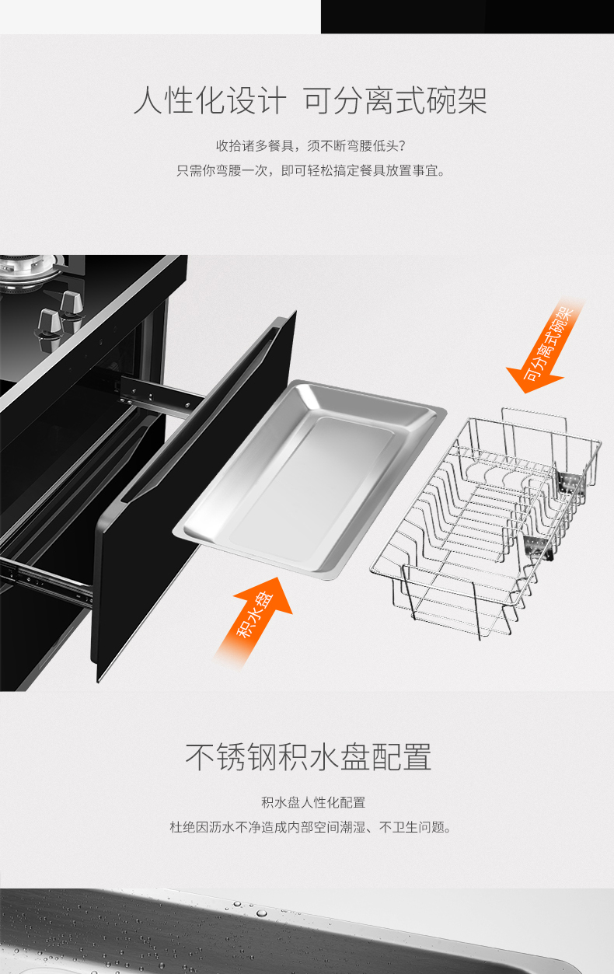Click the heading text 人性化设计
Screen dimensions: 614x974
tap(210, 100)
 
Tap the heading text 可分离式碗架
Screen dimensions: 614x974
tap(395, 100)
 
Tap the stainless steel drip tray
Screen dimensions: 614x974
tap(309, 479)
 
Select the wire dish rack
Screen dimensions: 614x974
tap(485, 522)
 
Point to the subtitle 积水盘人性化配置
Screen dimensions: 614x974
tap(313, 802)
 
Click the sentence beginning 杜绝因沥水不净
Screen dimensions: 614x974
tap(310, 826)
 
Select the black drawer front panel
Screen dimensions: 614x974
tap(194, 496)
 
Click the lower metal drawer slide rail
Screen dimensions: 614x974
tap(46, 578)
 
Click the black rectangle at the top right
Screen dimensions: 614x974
tap(467, 16)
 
